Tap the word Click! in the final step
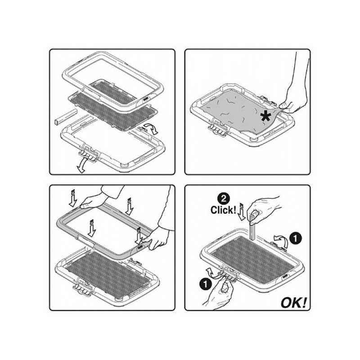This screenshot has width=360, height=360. pos(223,210)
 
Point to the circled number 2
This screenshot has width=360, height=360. pos(223,199)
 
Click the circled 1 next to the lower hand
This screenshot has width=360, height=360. pos(206,284)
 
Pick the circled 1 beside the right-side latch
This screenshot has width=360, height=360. pos(295,238)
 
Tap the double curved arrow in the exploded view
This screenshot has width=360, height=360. pos(150,129)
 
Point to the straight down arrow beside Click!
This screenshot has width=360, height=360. pos(242,211)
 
